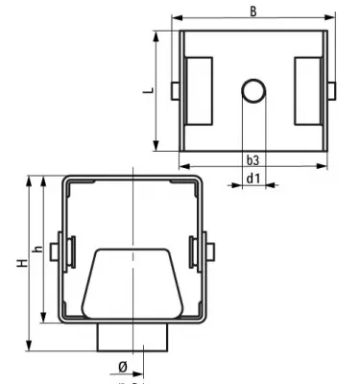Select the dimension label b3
point(252,159)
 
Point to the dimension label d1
point(252,178)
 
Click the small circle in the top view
point(253,91)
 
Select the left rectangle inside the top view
point(200,90)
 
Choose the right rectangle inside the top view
point(308,90)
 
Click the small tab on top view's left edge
point(174,90)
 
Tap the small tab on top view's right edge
point(332,90)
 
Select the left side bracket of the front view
point(66,249)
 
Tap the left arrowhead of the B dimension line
point(178,18)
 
